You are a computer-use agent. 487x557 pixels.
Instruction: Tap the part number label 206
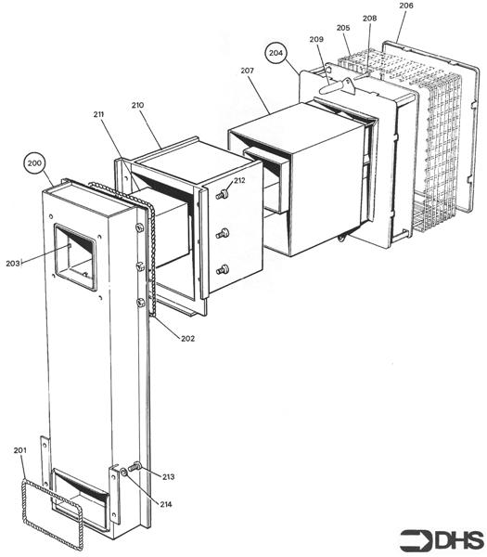(x=406, y=6)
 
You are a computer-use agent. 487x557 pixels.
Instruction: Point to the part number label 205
(x=343, y=28)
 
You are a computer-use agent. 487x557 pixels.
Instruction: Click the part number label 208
(x=369, y=19)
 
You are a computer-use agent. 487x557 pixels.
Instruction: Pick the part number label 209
(x=317, y=39)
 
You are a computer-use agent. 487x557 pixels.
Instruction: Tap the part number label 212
(x=239, y=180)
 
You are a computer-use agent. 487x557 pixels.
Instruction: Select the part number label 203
(x=13, y=263)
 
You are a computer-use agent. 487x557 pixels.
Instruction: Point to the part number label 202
(x=187, y=338)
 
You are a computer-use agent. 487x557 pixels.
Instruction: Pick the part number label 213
(x=167, y=476)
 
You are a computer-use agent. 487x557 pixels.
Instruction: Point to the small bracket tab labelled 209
(x=339, y=86)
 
